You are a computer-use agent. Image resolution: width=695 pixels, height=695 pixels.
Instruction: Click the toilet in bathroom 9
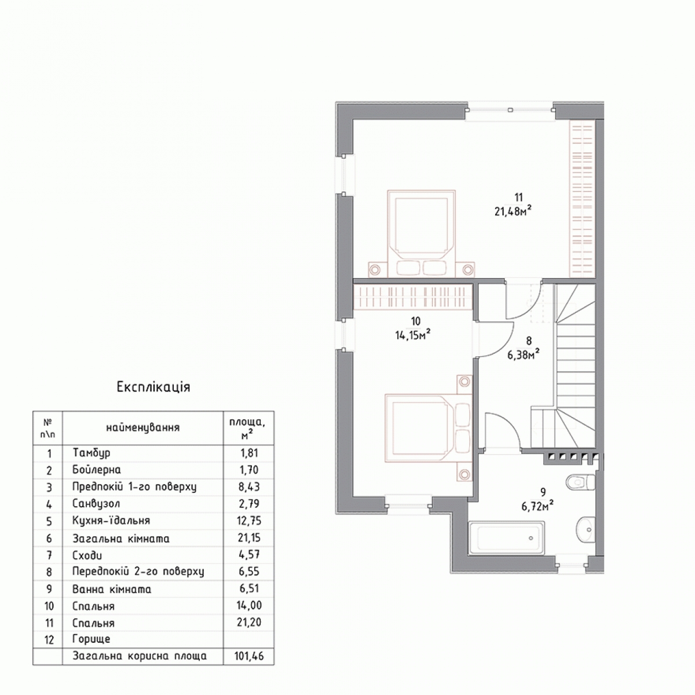tap(581, 482)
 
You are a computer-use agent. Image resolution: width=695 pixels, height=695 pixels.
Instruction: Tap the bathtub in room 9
tap(507, 537)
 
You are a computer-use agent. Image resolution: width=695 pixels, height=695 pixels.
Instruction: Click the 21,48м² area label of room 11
tap(513, 211)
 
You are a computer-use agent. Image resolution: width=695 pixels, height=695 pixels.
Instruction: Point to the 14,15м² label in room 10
tap(413, 335)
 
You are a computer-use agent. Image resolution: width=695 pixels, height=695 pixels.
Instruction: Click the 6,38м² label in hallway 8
tap(524, 354)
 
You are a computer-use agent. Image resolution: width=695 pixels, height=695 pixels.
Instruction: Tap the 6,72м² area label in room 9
tap(537, 506)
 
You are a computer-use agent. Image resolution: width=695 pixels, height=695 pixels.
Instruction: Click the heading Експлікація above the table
tap(153, 387)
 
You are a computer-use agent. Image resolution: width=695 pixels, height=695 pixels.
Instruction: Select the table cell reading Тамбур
tap(92, 453)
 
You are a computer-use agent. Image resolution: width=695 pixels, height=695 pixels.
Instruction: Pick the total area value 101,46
tap(249, 656)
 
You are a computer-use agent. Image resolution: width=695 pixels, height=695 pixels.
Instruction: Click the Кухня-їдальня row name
tap(111, 521)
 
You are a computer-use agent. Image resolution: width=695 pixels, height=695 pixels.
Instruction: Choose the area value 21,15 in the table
tap(249, 537)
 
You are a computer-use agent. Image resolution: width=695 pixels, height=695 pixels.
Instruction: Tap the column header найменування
tap(143, 428)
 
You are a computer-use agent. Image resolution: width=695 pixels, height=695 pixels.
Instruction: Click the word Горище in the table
tap(92, 639)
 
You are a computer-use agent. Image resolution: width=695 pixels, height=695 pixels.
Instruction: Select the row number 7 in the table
tap(49, 555)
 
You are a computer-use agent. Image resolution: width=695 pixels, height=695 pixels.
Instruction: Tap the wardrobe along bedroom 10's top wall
tap(412, 297)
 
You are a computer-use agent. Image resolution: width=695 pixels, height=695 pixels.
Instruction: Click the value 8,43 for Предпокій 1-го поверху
tap(249, 487)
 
